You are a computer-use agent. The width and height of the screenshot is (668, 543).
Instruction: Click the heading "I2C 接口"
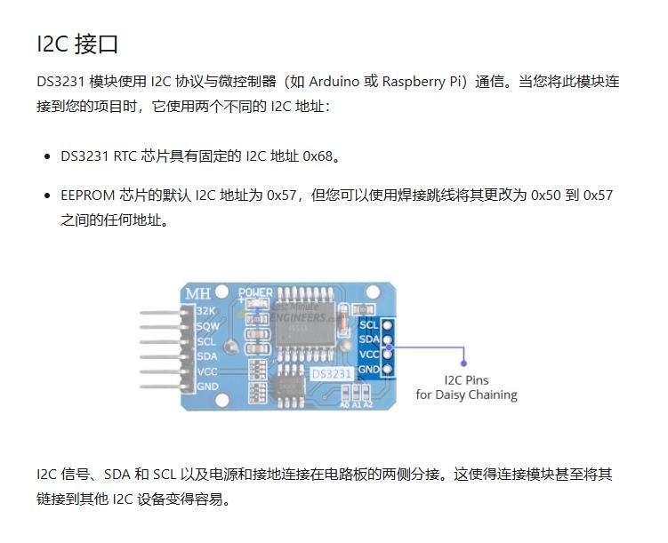click(x=77, y=44)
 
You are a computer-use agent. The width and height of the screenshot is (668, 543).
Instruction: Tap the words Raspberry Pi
click(x=423, y=82)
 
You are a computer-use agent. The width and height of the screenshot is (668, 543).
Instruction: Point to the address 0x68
click(x=318, y=156)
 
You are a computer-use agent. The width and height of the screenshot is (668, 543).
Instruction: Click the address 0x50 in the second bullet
click(x=545, y=195)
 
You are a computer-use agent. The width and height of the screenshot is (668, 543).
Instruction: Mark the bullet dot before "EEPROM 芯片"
click(x=46, y=196)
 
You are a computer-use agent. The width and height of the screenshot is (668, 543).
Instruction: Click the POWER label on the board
click(x=256, y=291)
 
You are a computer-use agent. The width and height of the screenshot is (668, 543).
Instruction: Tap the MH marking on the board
click(x=197, y=294)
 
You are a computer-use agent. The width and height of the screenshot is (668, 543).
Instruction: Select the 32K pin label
click(x=205, y=311)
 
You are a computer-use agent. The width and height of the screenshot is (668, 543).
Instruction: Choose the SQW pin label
click(x=207, y=326)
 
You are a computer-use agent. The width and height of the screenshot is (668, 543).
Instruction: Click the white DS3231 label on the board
click(x=330, y=375)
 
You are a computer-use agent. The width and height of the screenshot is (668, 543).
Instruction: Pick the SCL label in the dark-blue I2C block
click(x=368, y=324)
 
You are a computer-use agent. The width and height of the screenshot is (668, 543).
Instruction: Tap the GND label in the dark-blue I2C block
click(x=368, y=369)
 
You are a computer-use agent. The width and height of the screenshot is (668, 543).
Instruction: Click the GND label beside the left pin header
click(x=207, y=387)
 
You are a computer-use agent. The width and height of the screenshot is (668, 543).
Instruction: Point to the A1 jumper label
click(x=356, y=404)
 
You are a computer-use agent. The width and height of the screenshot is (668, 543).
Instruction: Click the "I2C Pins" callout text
click(x=465, y=380)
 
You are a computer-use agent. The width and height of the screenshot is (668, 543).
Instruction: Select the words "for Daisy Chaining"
click(x=465, y=395)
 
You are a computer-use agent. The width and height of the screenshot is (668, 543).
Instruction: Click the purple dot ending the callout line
click(x=463, y=363)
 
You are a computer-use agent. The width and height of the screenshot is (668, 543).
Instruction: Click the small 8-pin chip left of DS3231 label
click(x=290, y=383)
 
